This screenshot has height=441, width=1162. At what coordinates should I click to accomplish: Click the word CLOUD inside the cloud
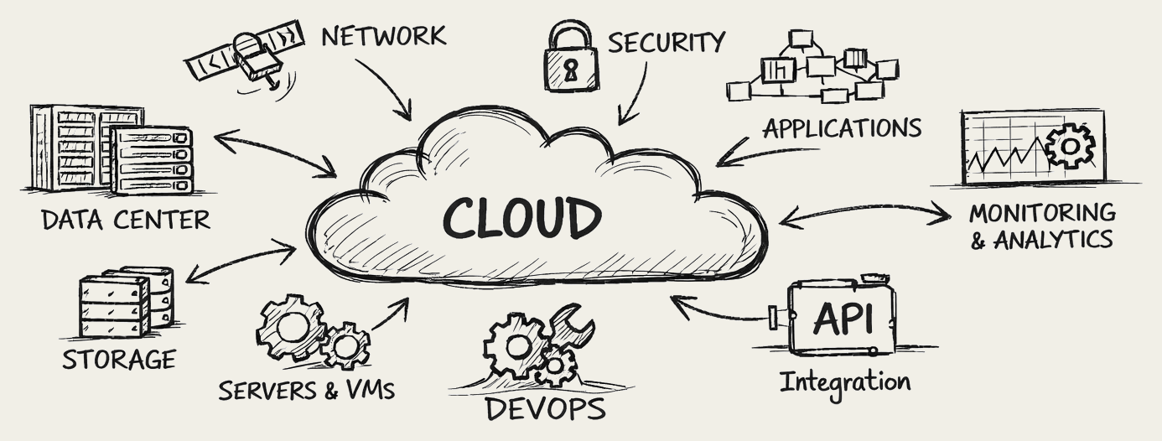(521, 219)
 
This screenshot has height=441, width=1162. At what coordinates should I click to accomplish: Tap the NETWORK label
(383, 36)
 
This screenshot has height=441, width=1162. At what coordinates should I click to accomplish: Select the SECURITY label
(666, 42)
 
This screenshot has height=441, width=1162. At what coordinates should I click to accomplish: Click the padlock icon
(573, 58)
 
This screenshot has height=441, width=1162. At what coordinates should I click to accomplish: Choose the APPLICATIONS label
(841, 128)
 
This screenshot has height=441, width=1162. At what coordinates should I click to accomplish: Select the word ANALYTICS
(1053, 240)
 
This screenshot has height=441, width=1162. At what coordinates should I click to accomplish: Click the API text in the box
(843, 319)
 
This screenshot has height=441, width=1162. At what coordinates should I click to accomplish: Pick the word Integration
(845, 381)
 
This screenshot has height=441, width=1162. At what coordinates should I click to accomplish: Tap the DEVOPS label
(545, 409)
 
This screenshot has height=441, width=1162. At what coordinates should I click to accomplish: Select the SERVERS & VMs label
(306, 390)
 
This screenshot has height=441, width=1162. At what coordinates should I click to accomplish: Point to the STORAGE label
(119, 360)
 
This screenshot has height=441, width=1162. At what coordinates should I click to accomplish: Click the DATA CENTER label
(126, 220)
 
